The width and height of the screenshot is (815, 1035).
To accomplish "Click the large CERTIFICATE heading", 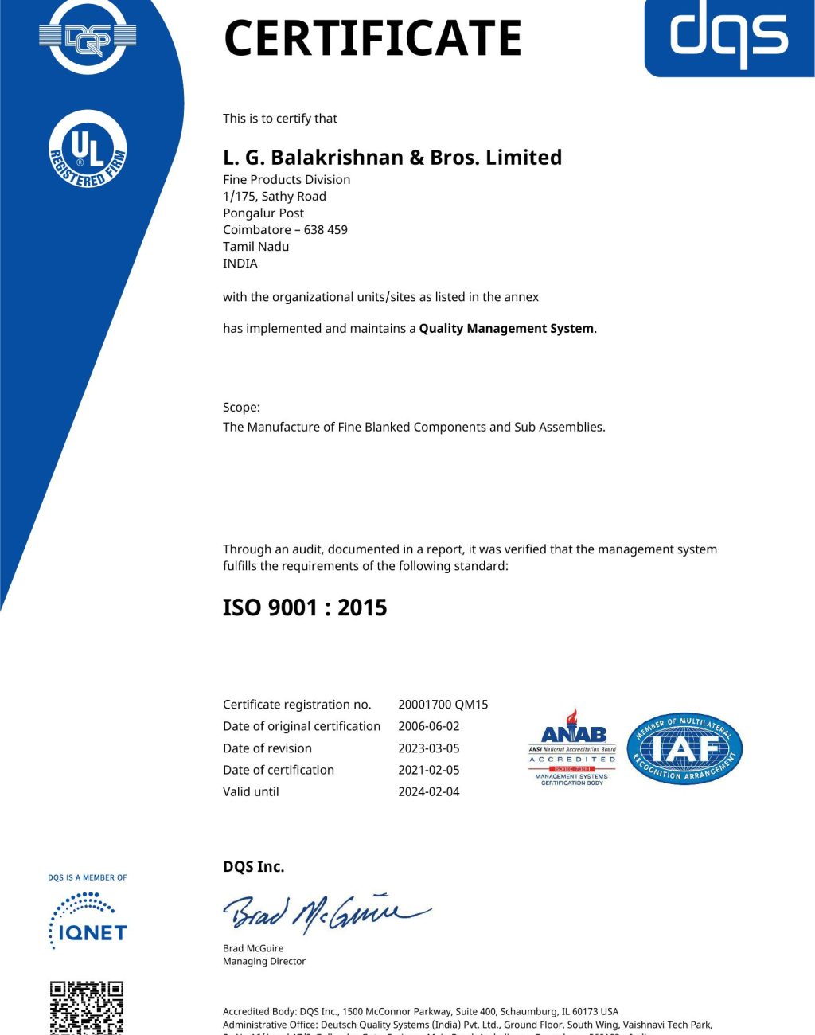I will click(372, 37).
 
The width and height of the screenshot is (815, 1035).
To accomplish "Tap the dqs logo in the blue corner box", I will click(729, 35).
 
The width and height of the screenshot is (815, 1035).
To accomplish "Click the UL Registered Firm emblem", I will click(88, 150).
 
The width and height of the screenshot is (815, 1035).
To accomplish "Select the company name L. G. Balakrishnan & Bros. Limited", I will click(392, 158).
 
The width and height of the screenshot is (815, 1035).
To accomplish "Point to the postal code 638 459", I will click(326, 230).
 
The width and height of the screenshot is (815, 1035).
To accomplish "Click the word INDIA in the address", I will click(240, 264).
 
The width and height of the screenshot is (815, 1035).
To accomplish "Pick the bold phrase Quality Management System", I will click(506, 329).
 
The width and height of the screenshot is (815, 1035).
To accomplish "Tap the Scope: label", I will click(241, 408).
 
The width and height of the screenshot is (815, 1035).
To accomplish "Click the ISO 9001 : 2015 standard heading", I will click(305, 607).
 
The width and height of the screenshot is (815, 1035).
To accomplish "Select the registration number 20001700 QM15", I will click(443, 705).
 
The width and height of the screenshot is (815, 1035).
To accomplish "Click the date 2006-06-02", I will click(429, 726).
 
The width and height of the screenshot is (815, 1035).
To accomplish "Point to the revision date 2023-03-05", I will click(429, 748).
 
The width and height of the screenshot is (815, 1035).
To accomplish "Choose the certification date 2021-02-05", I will click(429, 770).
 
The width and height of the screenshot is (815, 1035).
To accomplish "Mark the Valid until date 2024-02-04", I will click(429, 792).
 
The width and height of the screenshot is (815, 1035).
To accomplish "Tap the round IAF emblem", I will click(684, 748).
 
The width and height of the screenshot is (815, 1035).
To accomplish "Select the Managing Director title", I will click(264, 962).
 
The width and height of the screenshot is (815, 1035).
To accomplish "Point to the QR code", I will click(87, 1008).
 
